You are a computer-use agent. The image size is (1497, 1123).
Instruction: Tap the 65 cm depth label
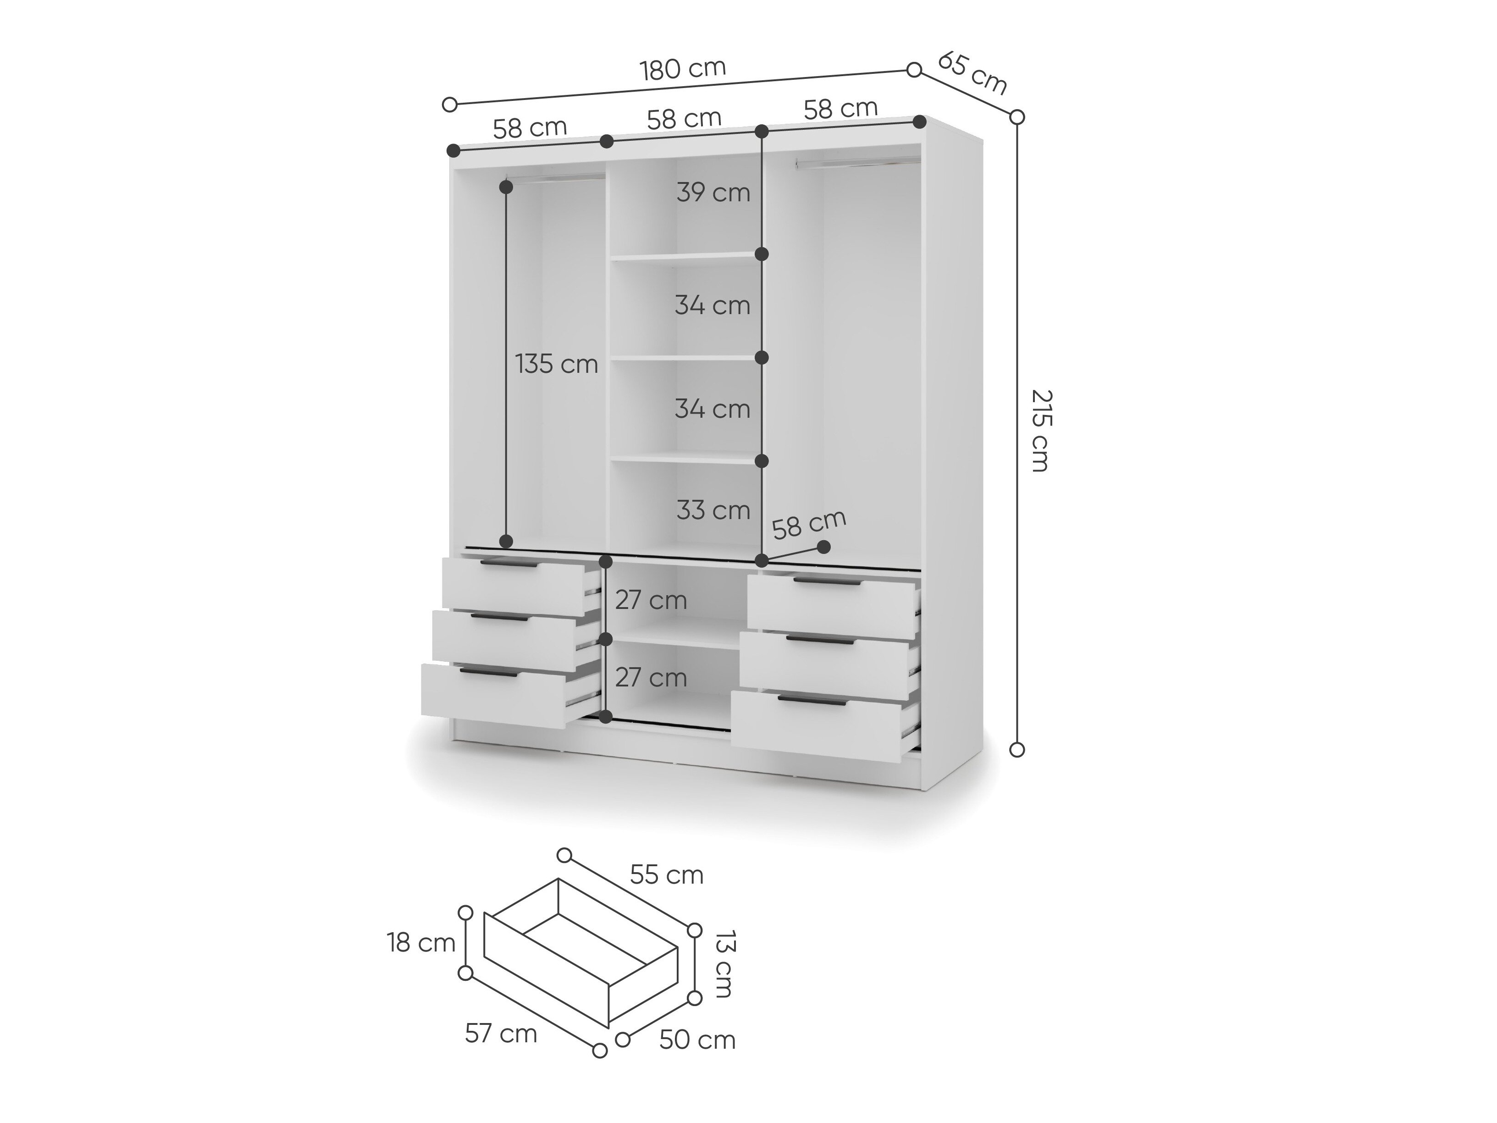point(972,73)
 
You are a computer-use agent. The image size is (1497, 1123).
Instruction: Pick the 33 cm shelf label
point(713,510)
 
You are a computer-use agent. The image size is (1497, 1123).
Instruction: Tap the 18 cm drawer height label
point(421,943)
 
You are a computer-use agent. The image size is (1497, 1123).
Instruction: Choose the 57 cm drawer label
point(501,1034)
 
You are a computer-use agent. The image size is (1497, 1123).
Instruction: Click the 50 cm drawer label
point(697,1040)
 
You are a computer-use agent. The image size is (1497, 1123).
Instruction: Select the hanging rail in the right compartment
point(858,163)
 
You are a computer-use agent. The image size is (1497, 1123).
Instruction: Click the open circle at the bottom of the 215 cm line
point(1016,749)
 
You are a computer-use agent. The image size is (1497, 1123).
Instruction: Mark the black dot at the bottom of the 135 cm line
point(506,541)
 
